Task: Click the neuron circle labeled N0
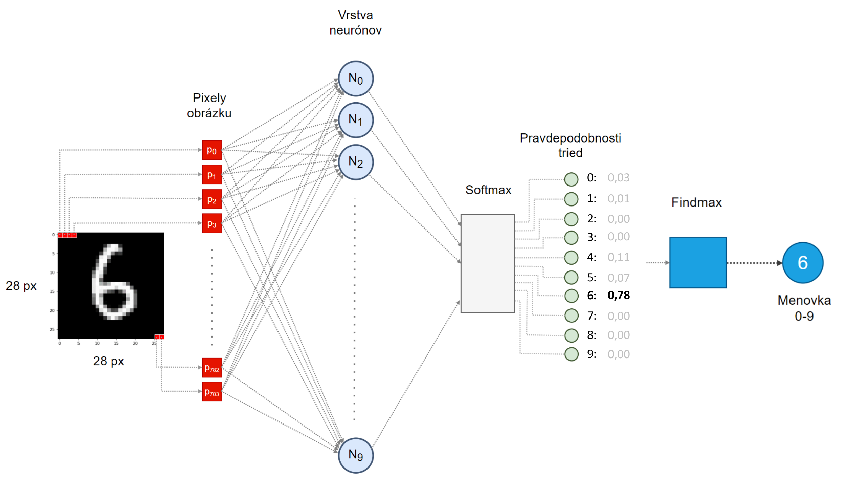[x=356, y=79]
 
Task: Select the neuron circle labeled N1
[x=356, y=120]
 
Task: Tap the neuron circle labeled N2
[x=356, y=162]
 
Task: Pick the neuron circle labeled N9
[x=356, y=455]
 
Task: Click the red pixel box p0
[x=212, y=150]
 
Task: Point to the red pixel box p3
[x=212, y=223]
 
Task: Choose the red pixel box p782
[x=212, y=368]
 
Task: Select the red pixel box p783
[x=212, y=392]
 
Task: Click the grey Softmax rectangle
[x=488, y=263]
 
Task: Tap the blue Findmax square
[x=698, y=263]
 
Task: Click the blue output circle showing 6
[x=803, y=263]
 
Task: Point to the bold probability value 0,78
[x=619, y=295]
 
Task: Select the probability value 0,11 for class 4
[x=619, y=257]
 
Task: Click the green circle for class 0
[x=571, y=179]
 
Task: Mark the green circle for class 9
[x=571, y=354]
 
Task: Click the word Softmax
[x=488, y=190]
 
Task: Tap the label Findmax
[x=696, y=202]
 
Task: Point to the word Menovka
[x=804, y=300]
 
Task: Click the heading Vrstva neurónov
[x=355, y=23]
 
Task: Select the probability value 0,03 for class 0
[x=619, y=178]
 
